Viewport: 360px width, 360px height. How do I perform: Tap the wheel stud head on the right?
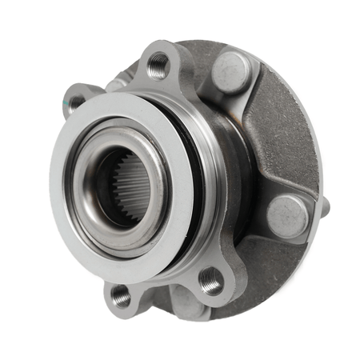click(x=286, y=214)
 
